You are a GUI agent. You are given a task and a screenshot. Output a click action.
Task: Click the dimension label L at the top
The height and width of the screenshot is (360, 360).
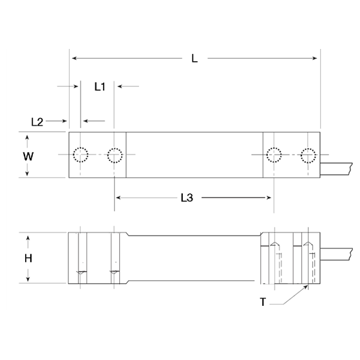pos(194,59)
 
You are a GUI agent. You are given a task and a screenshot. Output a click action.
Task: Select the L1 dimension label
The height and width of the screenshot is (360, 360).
pos(100,86)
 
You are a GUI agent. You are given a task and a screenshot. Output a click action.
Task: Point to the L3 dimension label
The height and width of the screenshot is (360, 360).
pos(185,198)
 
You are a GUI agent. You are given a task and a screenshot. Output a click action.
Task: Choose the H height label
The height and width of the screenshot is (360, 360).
pos(28,258)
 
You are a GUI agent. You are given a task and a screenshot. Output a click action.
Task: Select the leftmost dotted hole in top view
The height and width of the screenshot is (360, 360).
pos(81,155)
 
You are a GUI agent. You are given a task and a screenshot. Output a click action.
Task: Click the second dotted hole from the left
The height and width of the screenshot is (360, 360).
pos(115,155)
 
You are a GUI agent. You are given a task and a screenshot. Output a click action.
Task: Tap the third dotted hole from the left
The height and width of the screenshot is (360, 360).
pos(274,155)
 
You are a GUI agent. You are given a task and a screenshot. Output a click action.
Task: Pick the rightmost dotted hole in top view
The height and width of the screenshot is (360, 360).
pos(308,155)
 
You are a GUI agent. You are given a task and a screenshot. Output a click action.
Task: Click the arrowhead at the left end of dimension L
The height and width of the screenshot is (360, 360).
pos(73,59)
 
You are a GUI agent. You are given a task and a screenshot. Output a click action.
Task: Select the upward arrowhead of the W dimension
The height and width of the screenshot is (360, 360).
pos(28,137)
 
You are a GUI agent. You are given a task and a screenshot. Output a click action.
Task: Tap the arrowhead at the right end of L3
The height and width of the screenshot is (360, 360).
pos(271,198)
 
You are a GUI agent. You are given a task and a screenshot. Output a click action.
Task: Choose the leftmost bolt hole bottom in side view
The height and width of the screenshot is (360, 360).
pos(81,273)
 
